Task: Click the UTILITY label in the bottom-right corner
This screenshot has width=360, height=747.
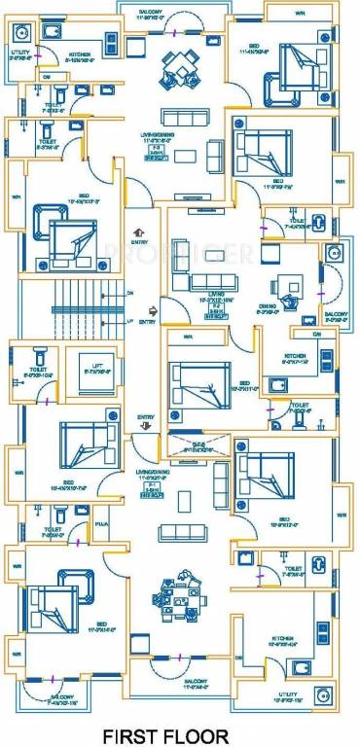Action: (x=310, y=696)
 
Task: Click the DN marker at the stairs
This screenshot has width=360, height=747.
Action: (x=130, y=292)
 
